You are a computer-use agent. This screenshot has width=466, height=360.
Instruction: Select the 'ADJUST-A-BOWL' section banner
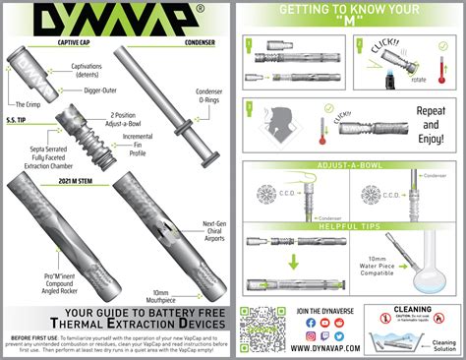coord(350,164)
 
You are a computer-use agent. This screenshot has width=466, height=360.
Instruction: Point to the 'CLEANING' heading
coord(413,310)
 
